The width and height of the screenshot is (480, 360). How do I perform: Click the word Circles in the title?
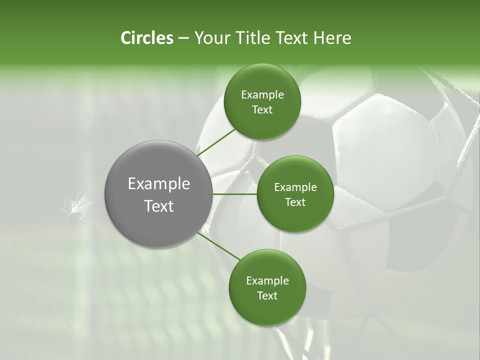tap(146, 38)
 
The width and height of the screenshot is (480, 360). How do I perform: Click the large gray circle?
tap(158, 194)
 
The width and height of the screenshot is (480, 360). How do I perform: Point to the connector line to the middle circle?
tap(235, 194)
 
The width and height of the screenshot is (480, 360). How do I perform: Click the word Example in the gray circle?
tap(159, 184)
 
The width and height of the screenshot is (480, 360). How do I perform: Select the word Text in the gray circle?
tap(159, 206)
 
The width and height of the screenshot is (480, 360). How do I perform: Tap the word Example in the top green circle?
tap(262, 95)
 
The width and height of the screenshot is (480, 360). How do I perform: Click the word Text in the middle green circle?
tap(295, 202)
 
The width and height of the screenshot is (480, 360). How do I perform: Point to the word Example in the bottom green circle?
tap(267, 281)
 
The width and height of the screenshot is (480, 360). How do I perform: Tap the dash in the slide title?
tap(183, 38)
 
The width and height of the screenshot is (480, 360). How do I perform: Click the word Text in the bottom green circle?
tap(267, 295)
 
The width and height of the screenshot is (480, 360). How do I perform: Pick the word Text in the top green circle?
tap(262, 109)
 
